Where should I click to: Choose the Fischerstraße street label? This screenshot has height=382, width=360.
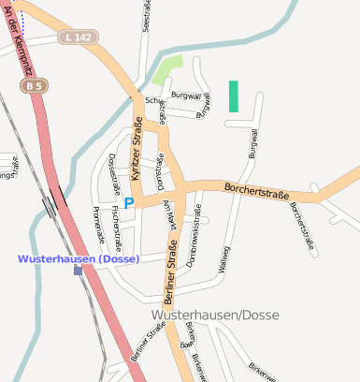pyautogui.click(x=115, y=220)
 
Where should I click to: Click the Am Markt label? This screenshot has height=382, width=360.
pyautogui.click(x=168, y=213)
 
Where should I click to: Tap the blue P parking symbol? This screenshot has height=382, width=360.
pyautogui.click(x=129, y=202)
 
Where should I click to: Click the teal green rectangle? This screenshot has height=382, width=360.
pyautogui.click(x=233, y=96)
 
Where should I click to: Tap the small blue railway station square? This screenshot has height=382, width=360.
pyautogui.click(x=79, y=271)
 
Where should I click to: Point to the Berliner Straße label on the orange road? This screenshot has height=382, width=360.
pyautogui.click(x=173, y=268)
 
